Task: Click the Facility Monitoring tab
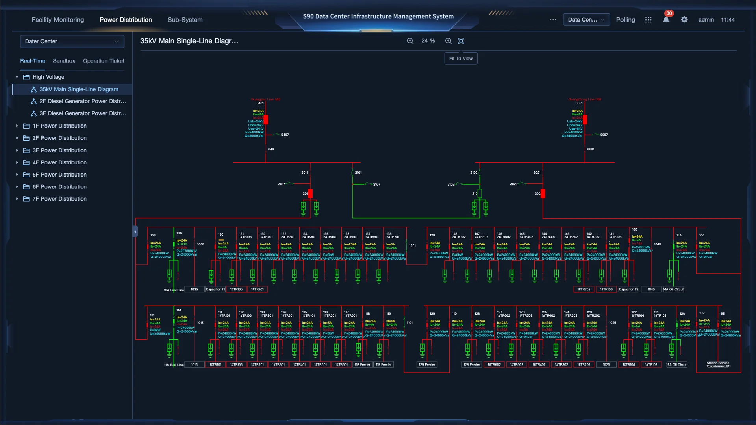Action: pos(57,20)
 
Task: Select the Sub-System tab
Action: pos(185,20)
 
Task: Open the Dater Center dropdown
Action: pos(72,41)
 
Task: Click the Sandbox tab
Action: pos(64,61)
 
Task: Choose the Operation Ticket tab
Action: pos(103,61)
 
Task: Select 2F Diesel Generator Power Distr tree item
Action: pos(82,101)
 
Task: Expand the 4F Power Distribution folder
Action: pos(17,163)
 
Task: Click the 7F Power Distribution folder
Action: pos(59,199)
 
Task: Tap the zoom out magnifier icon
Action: pos(410,41)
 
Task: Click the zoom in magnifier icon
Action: pos(448,41)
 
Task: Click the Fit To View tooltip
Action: pos(461,58)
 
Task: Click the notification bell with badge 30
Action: pos(666,19)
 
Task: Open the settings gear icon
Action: pos(684,19)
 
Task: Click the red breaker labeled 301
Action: pos(310,194)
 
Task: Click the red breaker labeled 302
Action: pos(543,194)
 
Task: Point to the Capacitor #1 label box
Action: pos(215,289)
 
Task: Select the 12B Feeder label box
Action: pos(472,364)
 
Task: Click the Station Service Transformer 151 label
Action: pos(718,364)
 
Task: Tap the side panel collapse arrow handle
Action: pos(135,231)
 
